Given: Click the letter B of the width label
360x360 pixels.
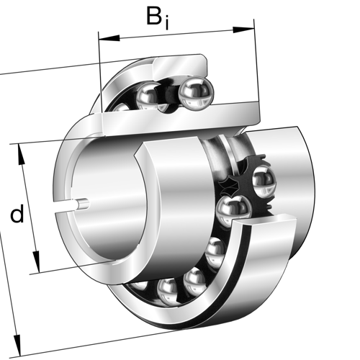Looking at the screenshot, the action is click(154, 16).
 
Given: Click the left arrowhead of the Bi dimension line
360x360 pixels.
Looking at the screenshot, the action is click(109, 38).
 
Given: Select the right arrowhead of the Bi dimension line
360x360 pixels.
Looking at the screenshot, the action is click(243, 30).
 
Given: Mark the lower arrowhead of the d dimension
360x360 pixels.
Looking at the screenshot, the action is click(37, 261).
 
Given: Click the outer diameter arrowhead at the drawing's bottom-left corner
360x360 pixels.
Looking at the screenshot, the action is click(17, 345).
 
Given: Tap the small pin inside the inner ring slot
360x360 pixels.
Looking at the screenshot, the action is click(84, 204).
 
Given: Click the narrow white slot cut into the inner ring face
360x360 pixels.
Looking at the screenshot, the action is click(66, 207).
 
